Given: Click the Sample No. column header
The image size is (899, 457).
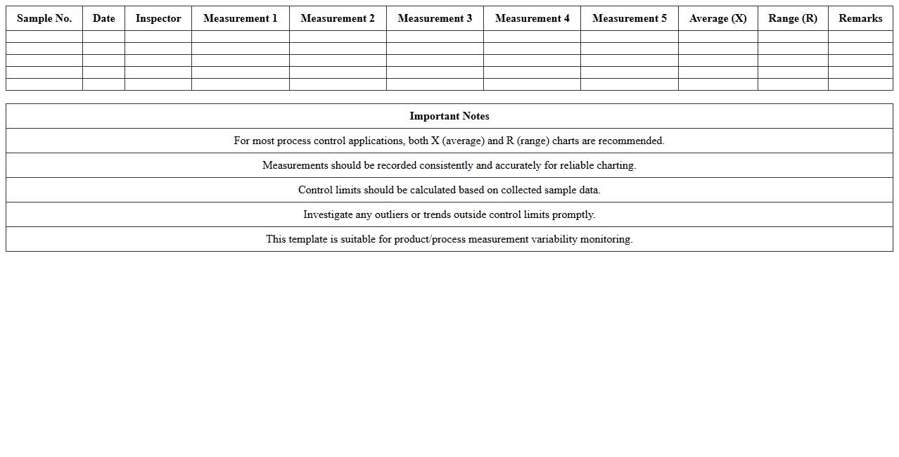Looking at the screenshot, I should [x=44, y=18].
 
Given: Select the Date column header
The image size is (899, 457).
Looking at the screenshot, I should [x=103, y=18].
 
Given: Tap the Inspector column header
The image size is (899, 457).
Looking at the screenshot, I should [x=158, y=18].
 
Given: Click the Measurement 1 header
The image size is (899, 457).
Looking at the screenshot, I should [x=241, y=18].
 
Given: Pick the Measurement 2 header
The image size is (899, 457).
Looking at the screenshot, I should [x=338, y=18].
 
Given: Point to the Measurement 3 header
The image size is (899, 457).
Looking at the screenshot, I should [x=435, y=18].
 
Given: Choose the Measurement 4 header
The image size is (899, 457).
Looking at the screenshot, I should [x=532, y=18].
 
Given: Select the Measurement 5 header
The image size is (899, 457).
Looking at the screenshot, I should [x=630, y=18].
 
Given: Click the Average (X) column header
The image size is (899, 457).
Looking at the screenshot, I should [x=718, y=18].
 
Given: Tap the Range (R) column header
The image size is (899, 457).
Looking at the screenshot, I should [x=793, y=18].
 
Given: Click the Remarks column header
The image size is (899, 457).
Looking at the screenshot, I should [x=860, y=18].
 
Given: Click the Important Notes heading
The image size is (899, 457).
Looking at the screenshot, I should [x=450, y=116].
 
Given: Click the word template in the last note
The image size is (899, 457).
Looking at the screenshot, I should [x=307, y=239].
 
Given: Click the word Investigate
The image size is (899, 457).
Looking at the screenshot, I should [x=328, y=214].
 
